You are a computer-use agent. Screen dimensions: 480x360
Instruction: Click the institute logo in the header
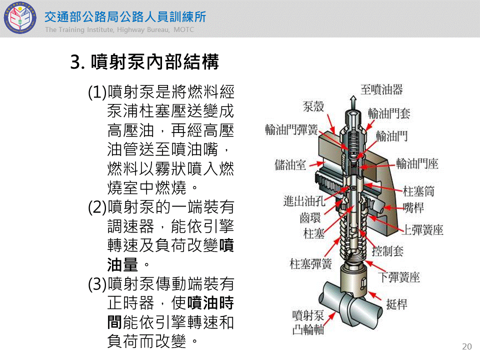point(20,18)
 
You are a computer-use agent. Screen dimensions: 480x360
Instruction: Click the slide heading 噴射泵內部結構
point(155,61)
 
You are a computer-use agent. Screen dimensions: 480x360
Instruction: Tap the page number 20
point(467,346)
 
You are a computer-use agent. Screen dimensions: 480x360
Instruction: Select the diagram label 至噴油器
point(381,89)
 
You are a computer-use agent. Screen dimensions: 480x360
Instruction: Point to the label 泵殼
point(313,106)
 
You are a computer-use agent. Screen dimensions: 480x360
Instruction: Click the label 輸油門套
point(389,113)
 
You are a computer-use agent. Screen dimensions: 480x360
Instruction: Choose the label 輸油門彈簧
point(291,129)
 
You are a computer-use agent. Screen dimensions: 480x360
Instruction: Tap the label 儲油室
point(290,164)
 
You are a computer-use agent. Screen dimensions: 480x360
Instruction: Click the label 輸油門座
point(417,164)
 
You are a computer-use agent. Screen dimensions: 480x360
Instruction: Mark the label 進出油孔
point(304,201)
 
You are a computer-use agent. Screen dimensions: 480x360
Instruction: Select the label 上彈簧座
point(423,229)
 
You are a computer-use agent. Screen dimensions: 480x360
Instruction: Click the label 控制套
point(387,251)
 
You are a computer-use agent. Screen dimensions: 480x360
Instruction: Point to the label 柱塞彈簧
point(310,263)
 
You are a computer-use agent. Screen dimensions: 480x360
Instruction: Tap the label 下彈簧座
point(399,277)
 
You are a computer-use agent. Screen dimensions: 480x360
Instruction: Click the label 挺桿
point(396,304)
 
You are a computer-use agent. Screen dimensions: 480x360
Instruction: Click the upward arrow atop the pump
point(353,102)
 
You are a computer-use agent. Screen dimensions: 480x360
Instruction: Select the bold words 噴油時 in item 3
point(210,303)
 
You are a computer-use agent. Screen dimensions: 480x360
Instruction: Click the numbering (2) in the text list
point(97,207)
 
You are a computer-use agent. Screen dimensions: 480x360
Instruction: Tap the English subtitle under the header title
point(119,29)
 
